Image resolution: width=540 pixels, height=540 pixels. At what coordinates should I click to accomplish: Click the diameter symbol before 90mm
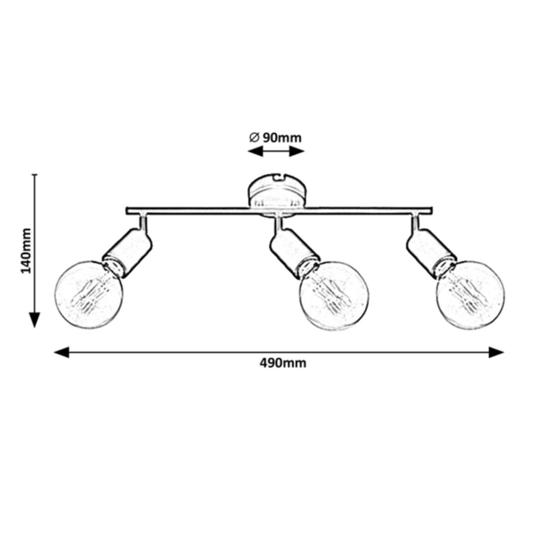[x=253, y=138]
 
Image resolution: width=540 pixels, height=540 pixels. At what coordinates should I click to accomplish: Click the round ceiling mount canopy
[x=276, y=192]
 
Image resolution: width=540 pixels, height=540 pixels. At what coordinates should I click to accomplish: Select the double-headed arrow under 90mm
[x=276, y=151]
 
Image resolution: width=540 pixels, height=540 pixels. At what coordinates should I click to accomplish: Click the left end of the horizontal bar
[x=128, y=211]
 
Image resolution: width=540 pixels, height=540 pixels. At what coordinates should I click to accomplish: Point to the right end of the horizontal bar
[x=432, y=211]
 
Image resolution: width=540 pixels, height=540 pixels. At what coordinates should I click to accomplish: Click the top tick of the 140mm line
[x=35, y=175]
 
